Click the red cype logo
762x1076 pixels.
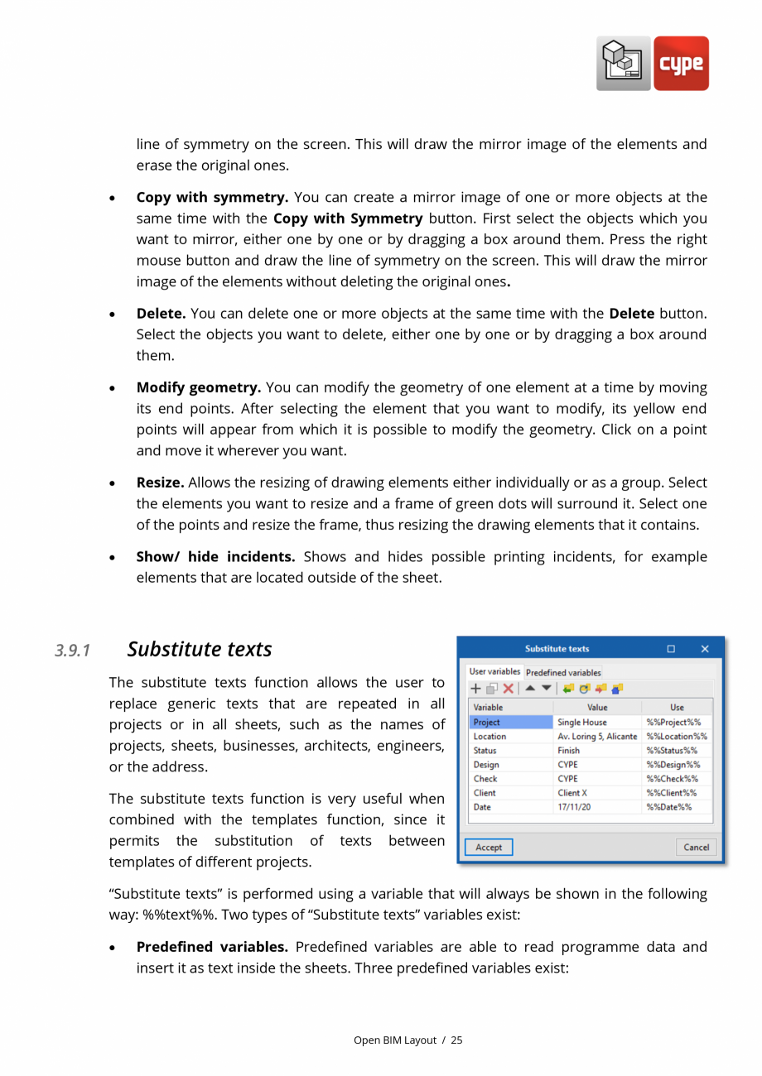pos(681,63)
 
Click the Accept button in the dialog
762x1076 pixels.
pos(489,847)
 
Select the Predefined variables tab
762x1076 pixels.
pos(563,672)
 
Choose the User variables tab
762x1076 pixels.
pos(494,671)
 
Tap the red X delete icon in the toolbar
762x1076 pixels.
pos(508,689)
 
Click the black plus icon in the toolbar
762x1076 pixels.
pos(475,689)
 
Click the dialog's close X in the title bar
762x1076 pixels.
pos(705,649)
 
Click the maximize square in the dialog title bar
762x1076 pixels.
pos(671,649)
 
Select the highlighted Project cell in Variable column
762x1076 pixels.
pos(510,722)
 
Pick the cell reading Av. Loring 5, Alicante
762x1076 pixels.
pos(597,736)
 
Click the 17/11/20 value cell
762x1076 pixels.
pos(597,806)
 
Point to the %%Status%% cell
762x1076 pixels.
pos(677,750)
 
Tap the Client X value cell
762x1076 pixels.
pos(597,792)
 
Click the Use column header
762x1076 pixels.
pos(677,708)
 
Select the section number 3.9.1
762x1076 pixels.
pos(72,651)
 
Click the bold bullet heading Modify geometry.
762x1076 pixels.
pos(199,387)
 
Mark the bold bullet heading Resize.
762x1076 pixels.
pos(160,483)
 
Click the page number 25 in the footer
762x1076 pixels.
pos(456,1040)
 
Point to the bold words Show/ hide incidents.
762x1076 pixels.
pos(215,556)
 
